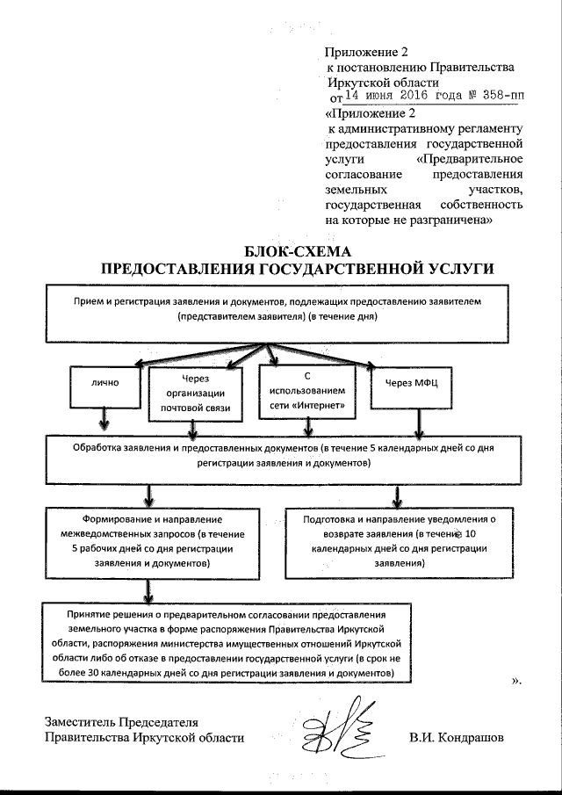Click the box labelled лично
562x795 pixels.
point(104,384)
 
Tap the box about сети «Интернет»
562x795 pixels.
point(307,390)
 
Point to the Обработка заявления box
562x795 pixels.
point(277,454)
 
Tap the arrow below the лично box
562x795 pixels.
point(104,419)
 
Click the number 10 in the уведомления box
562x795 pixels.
point(471,534)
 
